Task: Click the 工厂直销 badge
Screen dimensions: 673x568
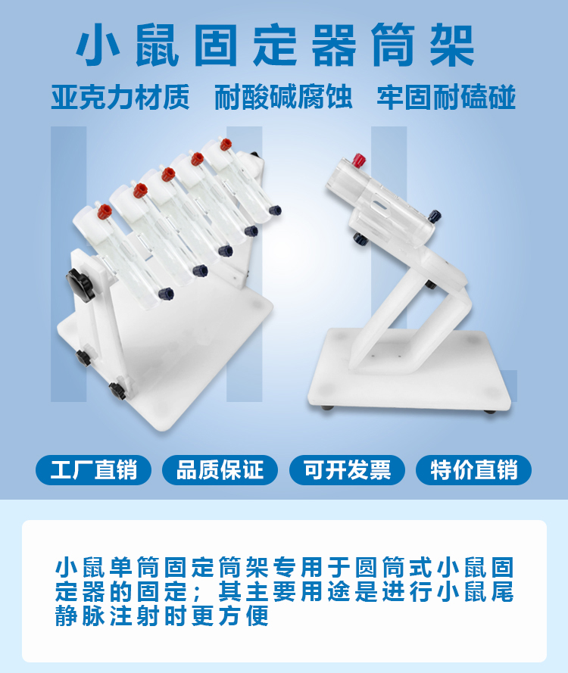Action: pyautogui.click(x=94, y=470)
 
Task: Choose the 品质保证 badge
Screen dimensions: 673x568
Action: pyautogui.click(x=220, y=470)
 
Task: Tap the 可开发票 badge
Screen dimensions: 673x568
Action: pyautogui.click(x=348, y=470)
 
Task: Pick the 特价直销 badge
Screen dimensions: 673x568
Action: pyautogui.click(x=474, y=470)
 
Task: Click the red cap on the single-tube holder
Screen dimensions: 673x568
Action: pyautogui.click(x=359, y=160)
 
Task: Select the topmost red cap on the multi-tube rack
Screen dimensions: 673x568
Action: pyautogui.click(x=226, y=144)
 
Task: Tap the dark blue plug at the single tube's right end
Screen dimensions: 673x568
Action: pyautogui.click(x=435, y=217)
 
